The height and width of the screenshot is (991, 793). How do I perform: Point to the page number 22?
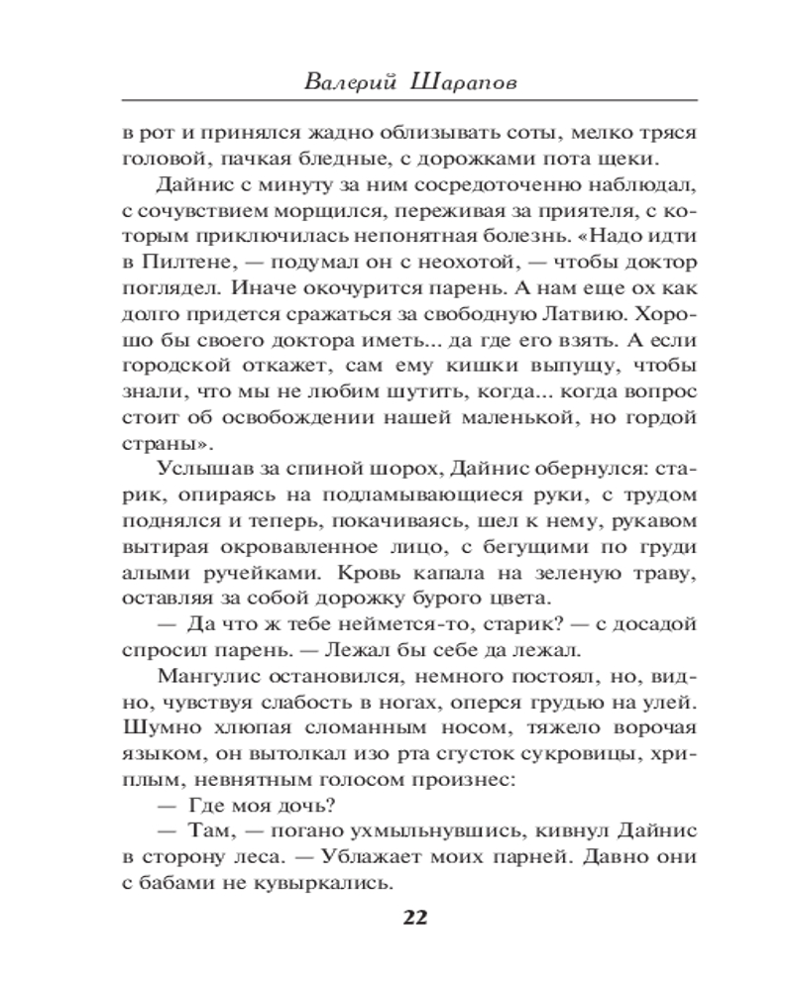(414, 916)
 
